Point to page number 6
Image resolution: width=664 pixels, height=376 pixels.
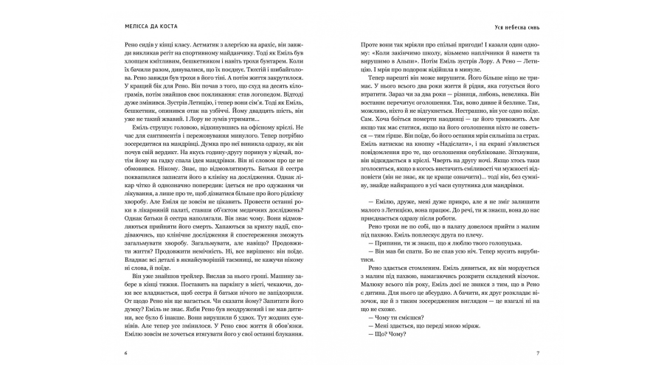[x=127, y=353]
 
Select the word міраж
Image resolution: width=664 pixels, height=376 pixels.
[x=458, y=332]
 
